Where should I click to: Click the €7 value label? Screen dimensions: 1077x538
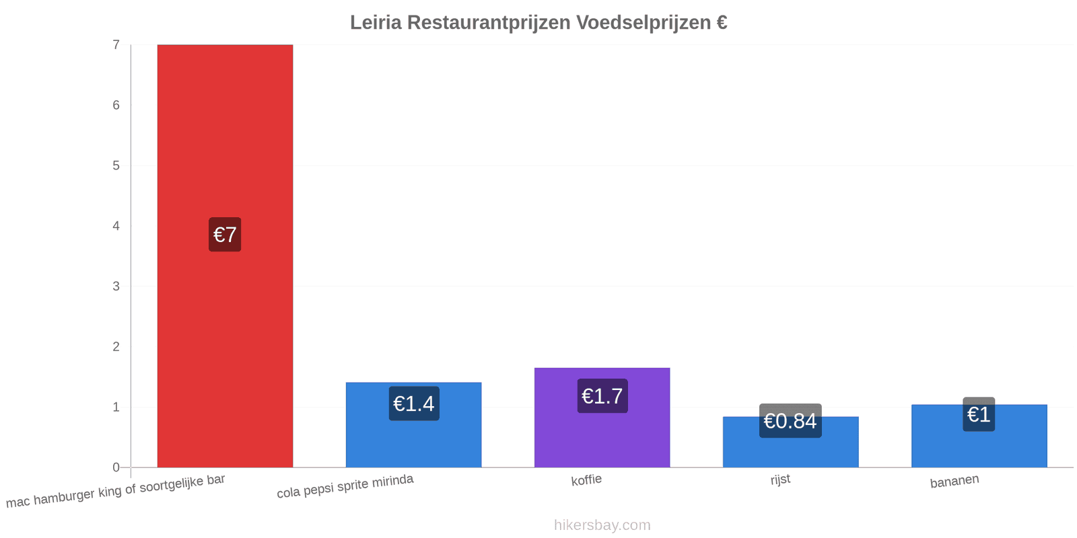click(225, 235)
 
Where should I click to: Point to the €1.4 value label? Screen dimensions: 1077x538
click(414, 403)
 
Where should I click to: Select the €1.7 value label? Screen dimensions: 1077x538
click(602, 396)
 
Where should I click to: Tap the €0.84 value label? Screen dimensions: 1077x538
click(790, 421)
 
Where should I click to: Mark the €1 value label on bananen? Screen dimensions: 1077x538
click(979, 414)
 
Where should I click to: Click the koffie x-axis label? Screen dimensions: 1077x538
click(586, 480)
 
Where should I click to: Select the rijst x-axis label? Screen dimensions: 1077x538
click(780, 479)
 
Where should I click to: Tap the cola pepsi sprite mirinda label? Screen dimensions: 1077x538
click(345, 486)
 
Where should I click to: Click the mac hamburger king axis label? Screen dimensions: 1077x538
click(115, 491)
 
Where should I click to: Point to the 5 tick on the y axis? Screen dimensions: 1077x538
click(116, 165)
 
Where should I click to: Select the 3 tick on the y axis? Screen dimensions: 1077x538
click(116, 286)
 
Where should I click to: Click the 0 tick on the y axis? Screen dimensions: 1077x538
click(116, 467)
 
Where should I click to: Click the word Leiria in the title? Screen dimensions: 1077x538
click(376, 23)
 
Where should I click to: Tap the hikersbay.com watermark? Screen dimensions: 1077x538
click(602, 525)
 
